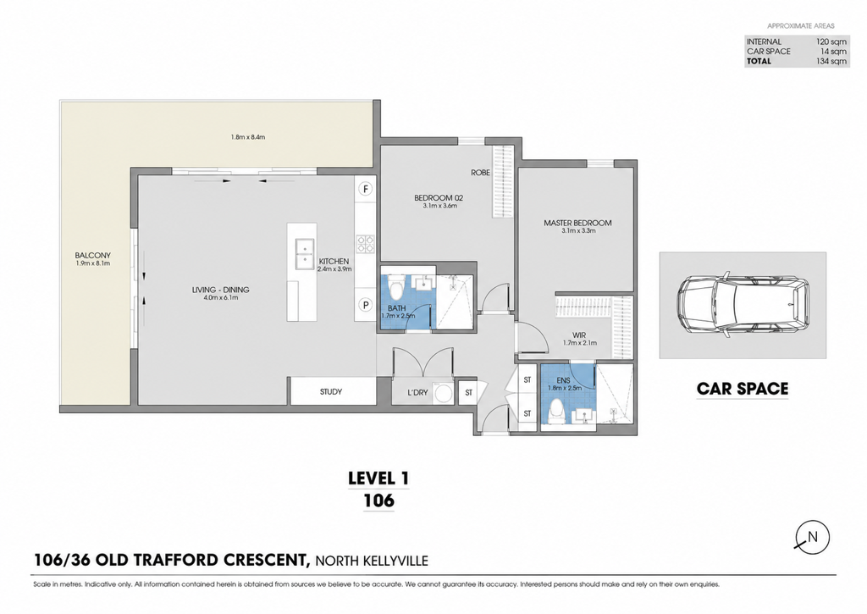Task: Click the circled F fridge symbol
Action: click(366, 189)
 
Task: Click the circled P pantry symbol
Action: click(366, 304)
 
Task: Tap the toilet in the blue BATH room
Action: click(396, 286)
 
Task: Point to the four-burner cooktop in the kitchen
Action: click(366, 243)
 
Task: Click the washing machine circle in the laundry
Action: click(443, 393)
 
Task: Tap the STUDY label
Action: click(331, 391)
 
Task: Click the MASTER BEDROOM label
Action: click(577, 223)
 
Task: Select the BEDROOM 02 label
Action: click(439, 198)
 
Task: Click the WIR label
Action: click(579, 335)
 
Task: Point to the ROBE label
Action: click(481, 173)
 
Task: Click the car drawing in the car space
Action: click(743, 304)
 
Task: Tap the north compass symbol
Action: click(812, 538)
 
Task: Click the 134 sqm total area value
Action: click(831, 61)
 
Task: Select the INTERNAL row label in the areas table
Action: click(765, 41)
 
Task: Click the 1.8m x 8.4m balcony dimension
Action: click(248, 137)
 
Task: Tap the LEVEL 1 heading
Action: click(378, 478)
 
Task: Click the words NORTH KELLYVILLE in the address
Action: click(372, 561)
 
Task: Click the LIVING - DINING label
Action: click(221, 290)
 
